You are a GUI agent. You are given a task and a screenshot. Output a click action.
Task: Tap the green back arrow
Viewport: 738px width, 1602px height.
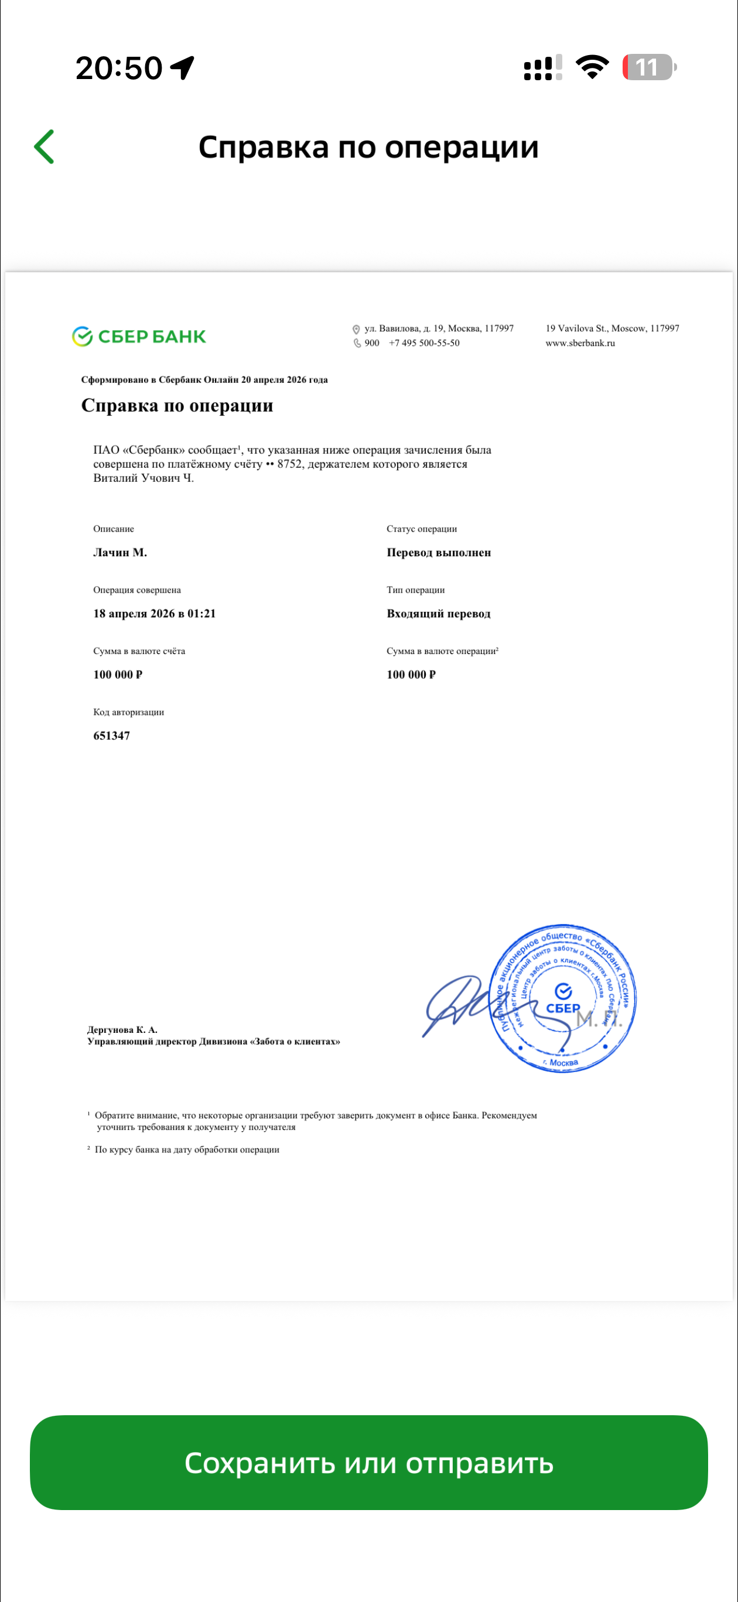[x=44, y=147]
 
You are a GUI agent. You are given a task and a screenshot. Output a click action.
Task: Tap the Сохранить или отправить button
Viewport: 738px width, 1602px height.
[x=368, y=1463]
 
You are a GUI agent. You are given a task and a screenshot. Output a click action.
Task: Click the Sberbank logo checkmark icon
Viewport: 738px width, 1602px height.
[x=82, y=337]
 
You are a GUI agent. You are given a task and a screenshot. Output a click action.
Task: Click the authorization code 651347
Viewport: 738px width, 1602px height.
[x=111, y=735]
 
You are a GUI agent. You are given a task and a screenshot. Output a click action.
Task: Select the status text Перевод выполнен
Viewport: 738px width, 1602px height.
[x=439, y=552]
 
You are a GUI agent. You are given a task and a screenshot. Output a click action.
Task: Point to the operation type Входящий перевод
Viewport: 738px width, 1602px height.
[x=438, y=613]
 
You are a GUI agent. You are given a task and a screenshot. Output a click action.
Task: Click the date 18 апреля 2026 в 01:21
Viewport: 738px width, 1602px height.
[x=154, y=613]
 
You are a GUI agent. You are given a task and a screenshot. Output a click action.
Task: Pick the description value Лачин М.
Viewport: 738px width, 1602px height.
[x=120, y=552]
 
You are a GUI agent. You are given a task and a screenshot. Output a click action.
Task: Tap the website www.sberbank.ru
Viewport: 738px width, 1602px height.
[x=580, y=343]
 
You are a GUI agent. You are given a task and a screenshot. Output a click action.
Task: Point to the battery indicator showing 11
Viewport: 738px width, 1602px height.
[x=648, y=67]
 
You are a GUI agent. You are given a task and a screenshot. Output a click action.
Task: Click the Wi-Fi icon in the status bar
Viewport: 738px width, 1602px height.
[x=592, y=67]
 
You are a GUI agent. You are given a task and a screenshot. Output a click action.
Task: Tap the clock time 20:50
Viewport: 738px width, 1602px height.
[x=119, y=68]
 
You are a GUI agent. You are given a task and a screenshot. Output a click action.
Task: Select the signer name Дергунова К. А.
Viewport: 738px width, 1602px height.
[x=122, y=1029]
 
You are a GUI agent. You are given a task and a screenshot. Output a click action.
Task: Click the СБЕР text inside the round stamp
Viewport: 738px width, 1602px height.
[x=562, y=1008]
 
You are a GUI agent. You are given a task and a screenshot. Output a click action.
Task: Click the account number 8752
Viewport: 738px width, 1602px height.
[x=289, y=464]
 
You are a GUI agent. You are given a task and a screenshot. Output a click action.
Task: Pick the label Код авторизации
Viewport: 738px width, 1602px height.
[x=128, y=712]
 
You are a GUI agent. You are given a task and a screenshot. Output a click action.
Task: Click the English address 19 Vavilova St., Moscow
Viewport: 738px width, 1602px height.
[x=611, y=328]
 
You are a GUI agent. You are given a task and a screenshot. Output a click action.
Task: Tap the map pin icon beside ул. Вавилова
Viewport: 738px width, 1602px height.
[x=356, y=329]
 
